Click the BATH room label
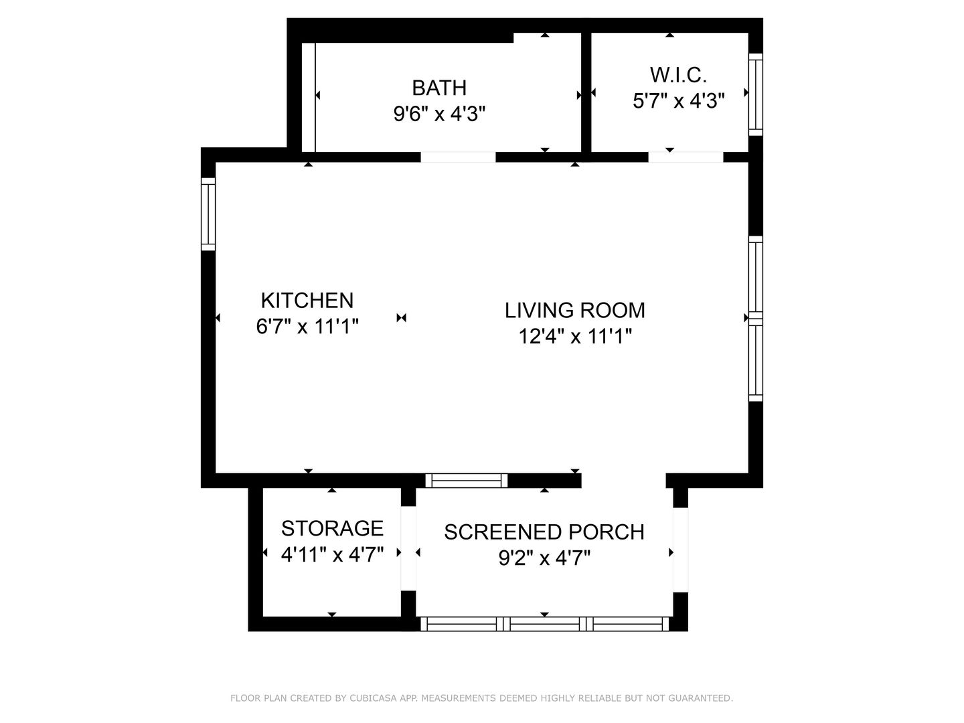tap(438, 88)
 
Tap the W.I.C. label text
tap(678, 75)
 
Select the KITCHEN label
tap(307, 301)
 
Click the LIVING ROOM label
tap(574, 311)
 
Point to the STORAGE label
tap(332, 529)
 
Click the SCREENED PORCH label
tap(544, 532)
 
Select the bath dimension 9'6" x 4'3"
tap(438, 114)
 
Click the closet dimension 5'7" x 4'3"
tap(678, 101)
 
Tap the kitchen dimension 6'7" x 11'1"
tap(307, 327)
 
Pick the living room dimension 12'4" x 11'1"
tap(574, 337)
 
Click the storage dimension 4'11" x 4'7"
tap(332, 555)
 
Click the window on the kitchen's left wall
tap(208, 214)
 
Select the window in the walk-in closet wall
tap(755, 94)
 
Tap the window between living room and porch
tap(467, 480)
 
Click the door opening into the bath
tap(458, 157)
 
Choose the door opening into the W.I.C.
tap(686, 157)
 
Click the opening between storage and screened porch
tap(408, 548)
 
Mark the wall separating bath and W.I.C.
tap(586, 92)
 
